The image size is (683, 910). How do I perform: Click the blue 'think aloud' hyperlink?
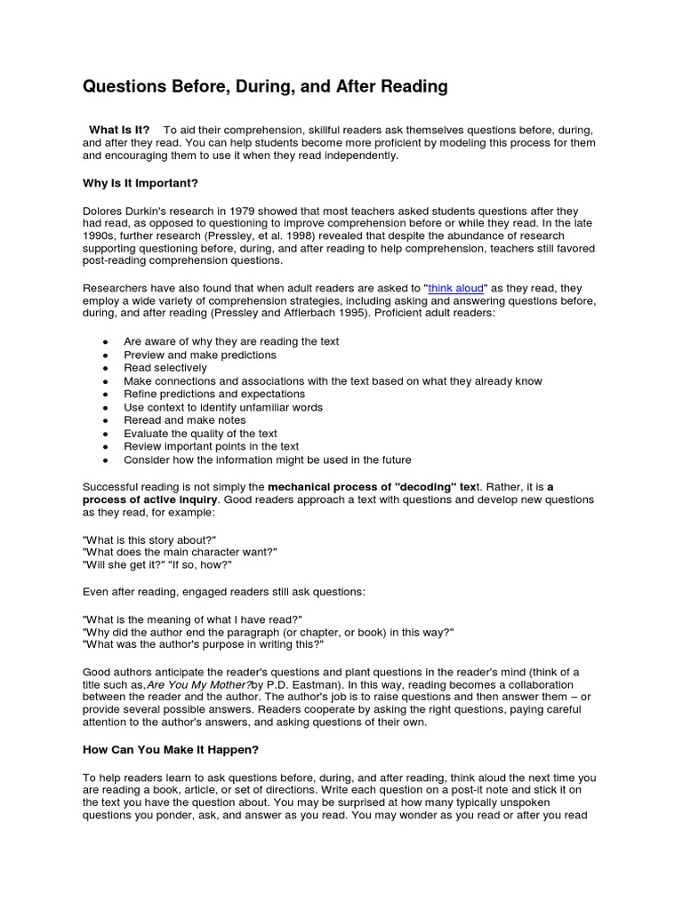pos(454,288)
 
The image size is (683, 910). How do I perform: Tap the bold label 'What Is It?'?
pos(119,130)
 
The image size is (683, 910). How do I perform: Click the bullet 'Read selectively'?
pos(165,368)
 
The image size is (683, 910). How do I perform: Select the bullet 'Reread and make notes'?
pos(185,420)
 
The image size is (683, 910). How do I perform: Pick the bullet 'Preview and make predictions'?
pos(200,355)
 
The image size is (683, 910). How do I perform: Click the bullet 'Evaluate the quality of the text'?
pos(201,434)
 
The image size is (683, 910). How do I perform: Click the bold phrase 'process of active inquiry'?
pos(150,499)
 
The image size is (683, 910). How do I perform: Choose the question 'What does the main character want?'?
pos(180,552)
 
